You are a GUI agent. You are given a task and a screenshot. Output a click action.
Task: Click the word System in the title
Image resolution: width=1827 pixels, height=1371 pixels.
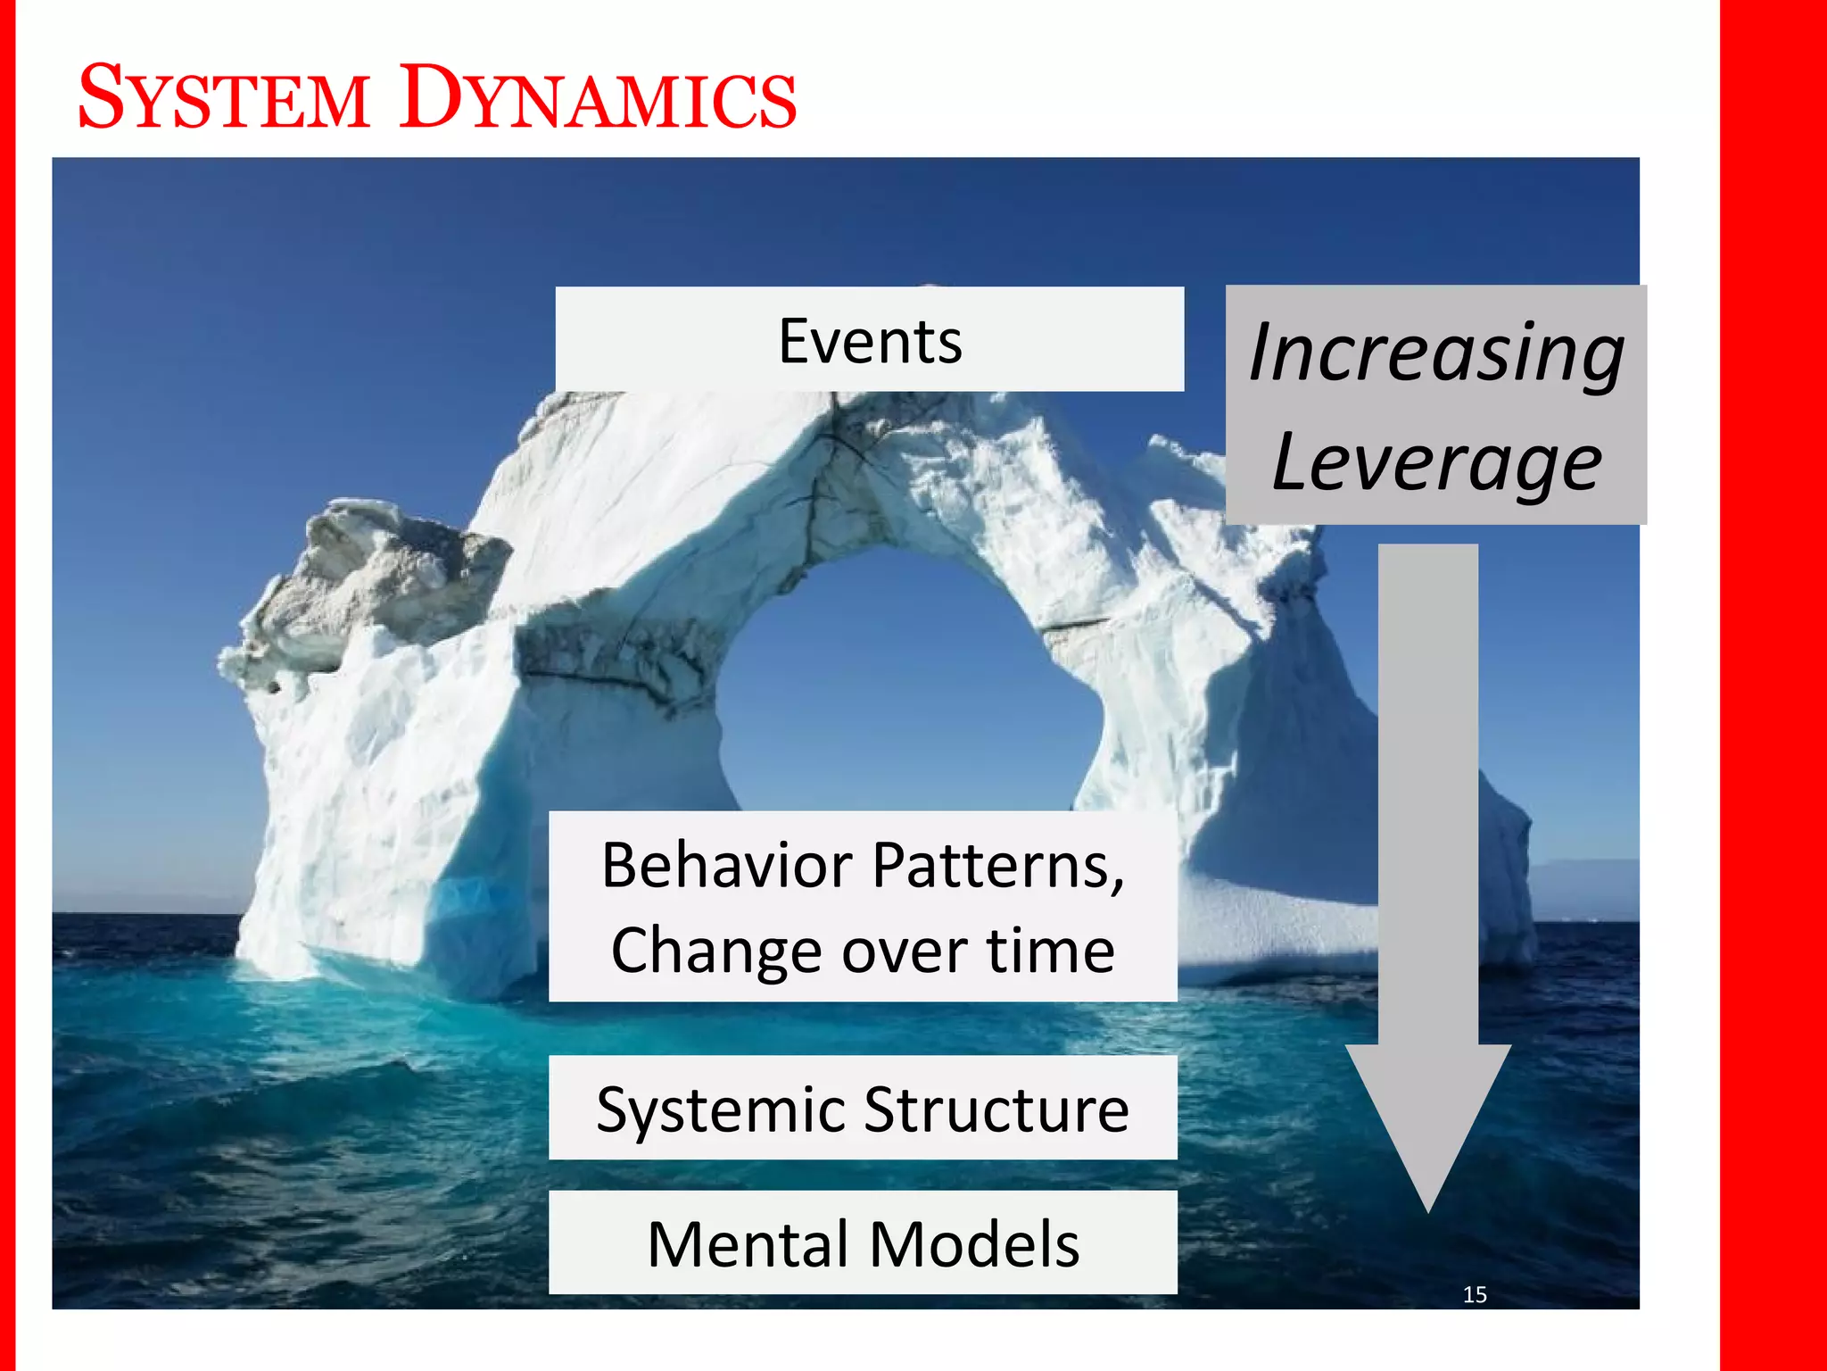tap(224, 98)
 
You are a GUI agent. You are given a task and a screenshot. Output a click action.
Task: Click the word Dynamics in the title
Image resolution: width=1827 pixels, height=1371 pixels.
tap(598, 98)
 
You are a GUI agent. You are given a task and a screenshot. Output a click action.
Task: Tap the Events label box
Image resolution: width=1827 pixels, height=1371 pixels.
tap(870, 340)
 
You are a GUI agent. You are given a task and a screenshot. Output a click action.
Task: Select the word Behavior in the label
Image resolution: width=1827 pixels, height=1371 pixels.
tap(727, 866)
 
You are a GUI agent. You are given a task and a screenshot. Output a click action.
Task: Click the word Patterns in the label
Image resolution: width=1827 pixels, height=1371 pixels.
tap(997, 866)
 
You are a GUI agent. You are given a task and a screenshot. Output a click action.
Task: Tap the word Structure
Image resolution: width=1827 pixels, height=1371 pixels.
tap(996, 1109)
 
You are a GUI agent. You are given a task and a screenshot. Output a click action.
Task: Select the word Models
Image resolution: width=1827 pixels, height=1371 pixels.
tap(974, 1244)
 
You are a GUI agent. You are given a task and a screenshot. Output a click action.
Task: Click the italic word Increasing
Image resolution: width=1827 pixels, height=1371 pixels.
tap(1436, 353)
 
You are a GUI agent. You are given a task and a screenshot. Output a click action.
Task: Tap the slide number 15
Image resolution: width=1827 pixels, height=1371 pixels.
tap(1475, 1295)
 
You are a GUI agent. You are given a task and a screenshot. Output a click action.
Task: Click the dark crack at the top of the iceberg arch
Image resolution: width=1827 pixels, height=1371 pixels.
tap(834, 446)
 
